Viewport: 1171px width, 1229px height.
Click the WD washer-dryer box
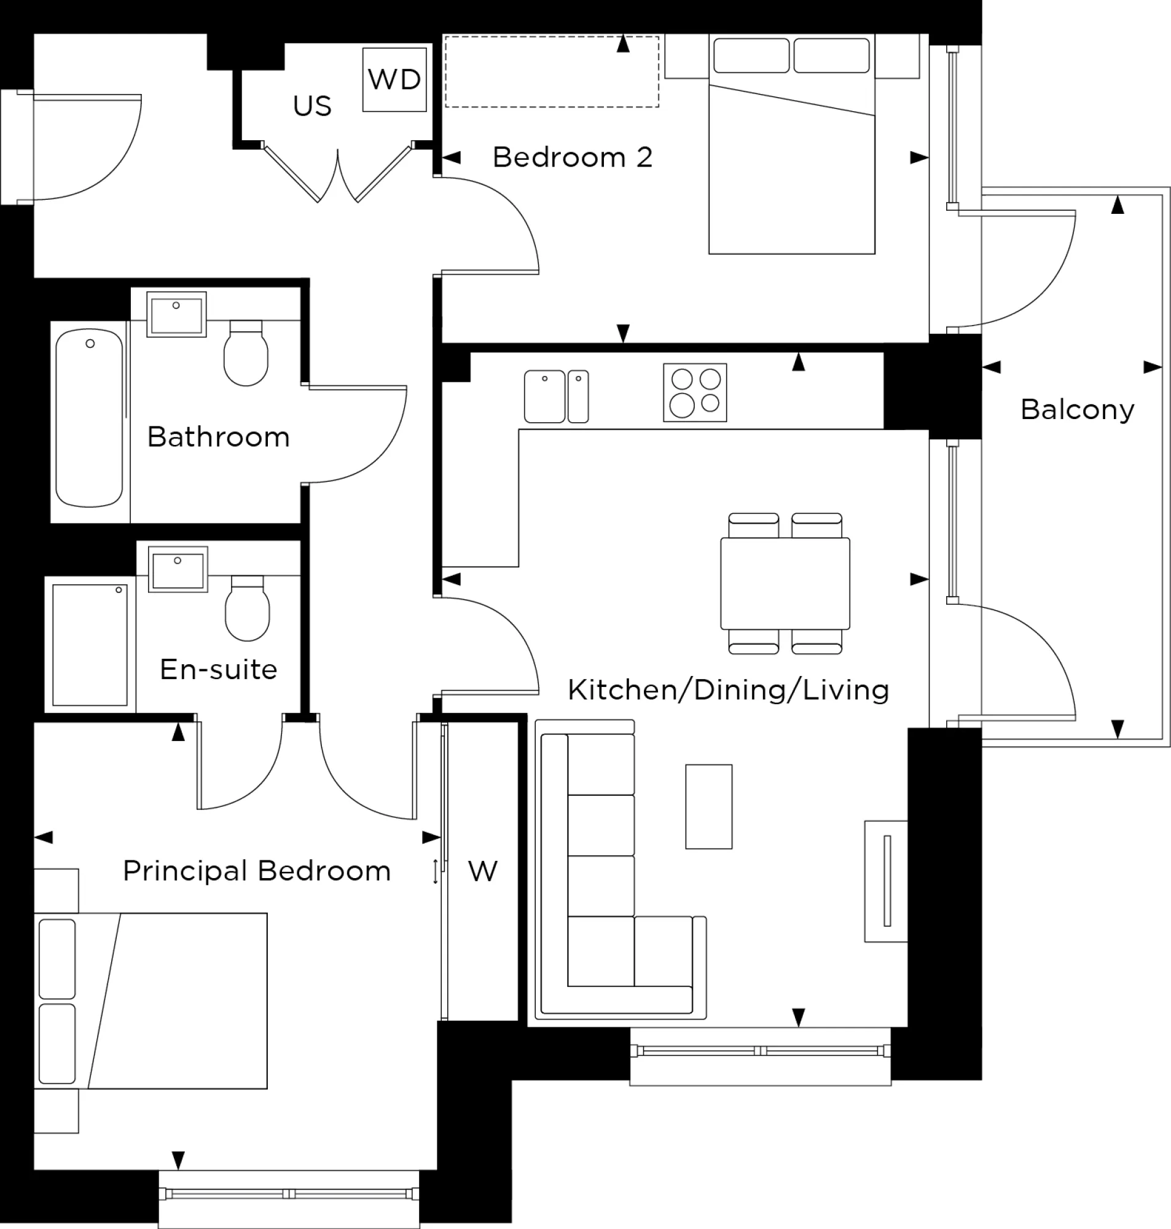pyautogui.click(x=394, y=79)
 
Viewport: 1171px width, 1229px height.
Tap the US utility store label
pyautogui.click(x=312, y=106)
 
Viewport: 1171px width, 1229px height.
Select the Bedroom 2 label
pyautogui.click(x=573, y=157)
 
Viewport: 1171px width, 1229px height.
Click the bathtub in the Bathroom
pyautogui.click(x=89, y=418)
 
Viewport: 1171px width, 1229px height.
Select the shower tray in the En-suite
pyautogui.click(x=90, y=644)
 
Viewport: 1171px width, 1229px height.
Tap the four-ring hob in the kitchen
pyautogui.click(x=695, y=393)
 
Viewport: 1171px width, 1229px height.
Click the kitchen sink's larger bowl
pyautogui.click(x=544, y=396)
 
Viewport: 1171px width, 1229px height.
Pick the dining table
pyautogui.click(x=785, y=583)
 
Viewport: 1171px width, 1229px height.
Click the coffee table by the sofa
pyautogui.click(x=708, y=806)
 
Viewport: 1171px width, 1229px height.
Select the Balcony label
pyautogui.click(x=1078, y=409)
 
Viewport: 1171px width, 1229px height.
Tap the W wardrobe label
pyautogui.click(x=482, y=871)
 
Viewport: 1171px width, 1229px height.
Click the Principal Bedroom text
pyautogui.click(x=257, y=871)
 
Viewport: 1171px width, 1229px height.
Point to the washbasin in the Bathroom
pyautogui.click(x=177, y=315)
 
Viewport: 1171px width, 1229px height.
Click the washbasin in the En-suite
pyautogui.click(x=178, y=569)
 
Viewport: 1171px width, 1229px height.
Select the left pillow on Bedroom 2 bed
pyautogui.click(x=751, y=55)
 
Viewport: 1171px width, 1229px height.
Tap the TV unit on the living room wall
pyautogui.click(x=886, y=881)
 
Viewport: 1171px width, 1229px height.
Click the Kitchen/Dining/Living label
pyautogui.click(x=729, y=689)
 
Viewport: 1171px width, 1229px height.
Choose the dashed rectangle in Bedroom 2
pyautogui.click(x=552, y=72)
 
